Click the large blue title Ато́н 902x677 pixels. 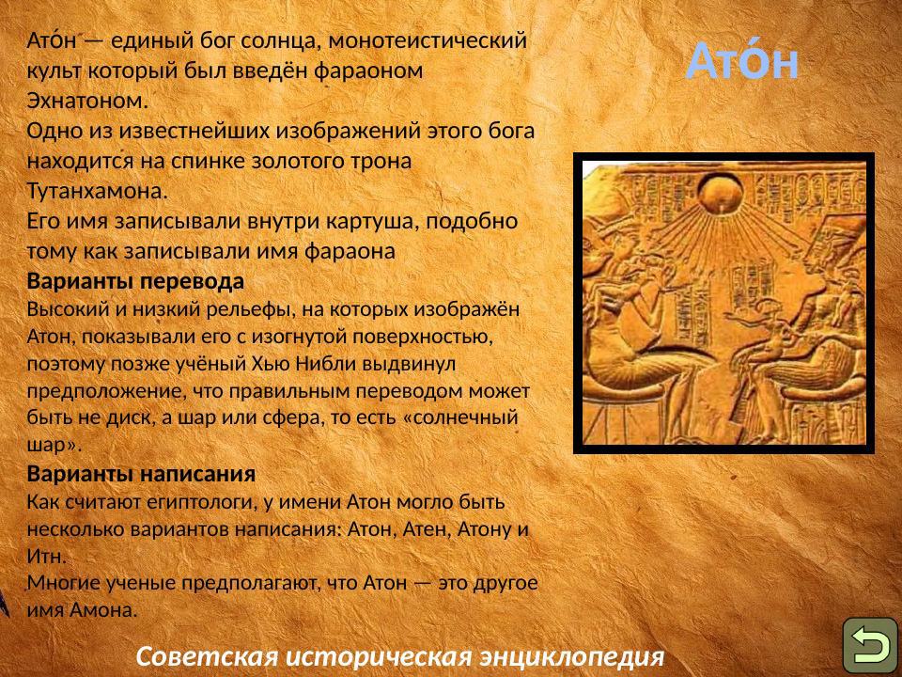(742, 62)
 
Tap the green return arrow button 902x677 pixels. (869, 645)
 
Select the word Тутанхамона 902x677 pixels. (97, 191)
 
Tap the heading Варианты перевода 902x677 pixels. (135, 281)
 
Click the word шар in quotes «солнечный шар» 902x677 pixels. (45, 443)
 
